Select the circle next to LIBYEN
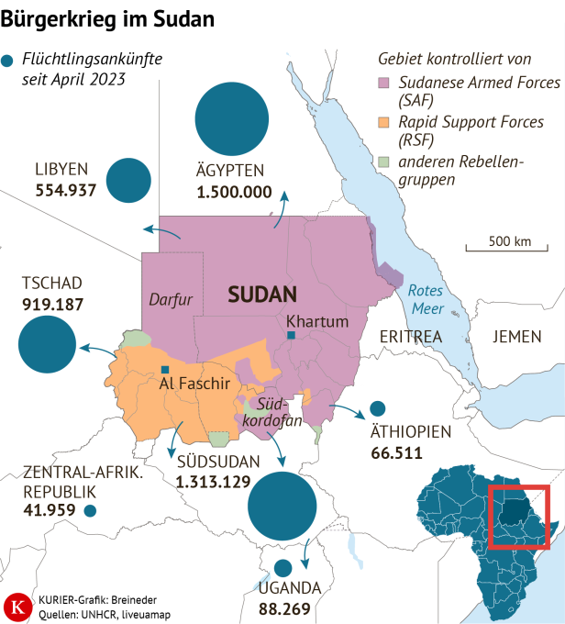coord(127,180)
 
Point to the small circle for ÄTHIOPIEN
coord(376,408)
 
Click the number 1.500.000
coord(234,193)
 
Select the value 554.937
coord(66,191)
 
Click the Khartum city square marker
coord(291,337)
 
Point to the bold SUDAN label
coord(263,294)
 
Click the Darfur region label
coord(170,299)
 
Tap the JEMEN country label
coord(517,337)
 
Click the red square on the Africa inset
coord(518,518)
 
